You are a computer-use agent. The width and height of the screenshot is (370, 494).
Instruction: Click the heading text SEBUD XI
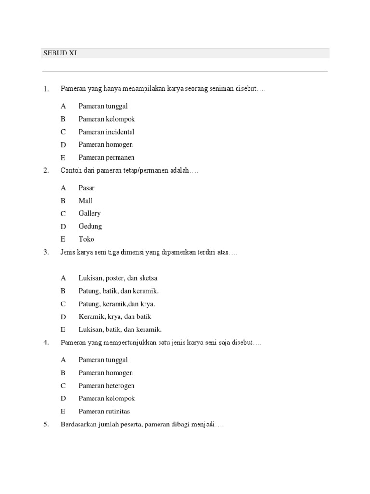(60, 54)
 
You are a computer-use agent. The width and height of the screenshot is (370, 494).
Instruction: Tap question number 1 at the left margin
(46, 89)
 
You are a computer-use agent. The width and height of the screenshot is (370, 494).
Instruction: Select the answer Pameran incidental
(106, 132)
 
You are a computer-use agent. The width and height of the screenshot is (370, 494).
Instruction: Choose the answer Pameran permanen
(106, 157)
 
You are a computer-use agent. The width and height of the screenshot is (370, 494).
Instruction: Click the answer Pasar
(87, 188)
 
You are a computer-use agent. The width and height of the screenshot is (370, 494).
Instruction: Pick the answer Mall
(86, 201)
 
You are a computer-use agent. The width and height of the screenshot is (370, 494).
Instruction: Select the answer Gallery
(90, 213)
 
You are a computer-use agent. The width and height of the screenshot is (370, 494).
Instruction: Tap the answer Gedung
(90, 226)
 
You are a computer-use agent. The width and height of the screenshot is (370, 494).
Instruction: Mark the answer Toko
(87, 239)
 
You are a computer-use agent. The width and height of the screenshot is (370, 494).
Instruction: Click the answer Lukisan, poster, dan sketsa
(118, 278)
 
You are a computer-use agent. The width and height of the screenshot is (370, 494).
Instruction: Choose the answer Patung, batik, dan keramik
(119, 291)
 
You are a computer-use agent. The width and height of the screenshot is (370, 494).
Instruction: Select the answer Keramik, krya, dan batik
(115, 317)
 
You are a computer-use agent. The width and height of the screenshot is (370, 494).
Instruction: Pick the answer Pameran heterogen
(106, 386)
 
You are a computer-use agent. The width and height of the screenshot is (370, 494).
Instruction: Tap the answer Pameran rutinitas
(104, 412)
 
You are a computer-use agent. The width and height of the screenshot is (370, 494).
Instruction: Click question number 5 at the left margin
(46, 425)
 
